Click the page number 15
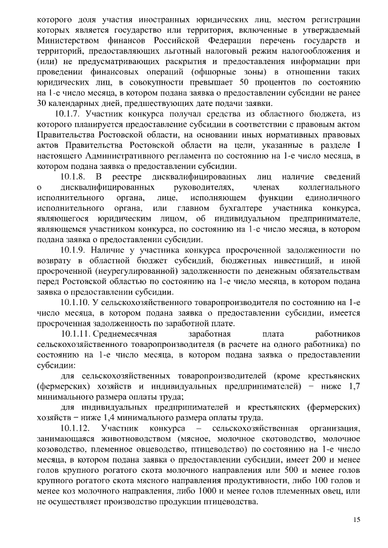(356, 520)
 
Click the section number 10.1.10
(77, 302)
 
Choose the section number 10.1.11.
(79, 334)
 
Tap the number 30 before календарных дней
(42, 104)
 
